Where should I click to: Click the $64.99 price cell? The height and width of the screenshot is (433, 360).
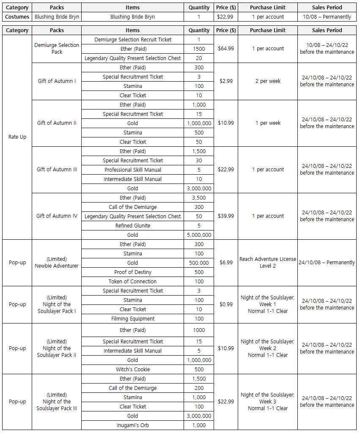pos(225,49)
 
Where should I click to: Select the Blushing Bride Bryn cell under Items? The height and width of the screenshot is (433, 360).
pos(132,17)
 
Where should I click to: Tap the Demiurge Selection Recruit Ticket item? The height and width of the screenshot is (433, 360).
pos(132,39)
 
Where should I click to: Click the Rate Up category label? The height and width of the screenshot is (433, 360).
pos(17,137)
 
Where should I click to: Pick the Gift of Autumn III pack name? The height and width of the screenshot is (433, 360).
pos(57,170)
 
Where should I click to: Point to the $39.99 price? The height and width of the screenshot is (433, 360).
pos(225,216)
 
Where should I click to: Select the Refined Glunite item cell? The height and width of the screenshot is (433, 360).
pos(132,225)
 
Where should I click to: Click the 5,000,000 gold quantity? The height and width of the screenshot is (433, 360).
pos(199,235)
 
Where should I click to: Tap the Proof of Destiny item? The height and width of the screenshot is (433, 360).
pos(132,272)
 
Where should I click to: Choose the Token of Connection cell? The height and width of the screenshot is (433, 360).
pos(132,281)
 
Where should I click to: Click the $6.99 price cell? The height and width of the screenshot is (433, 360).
pos(225,263)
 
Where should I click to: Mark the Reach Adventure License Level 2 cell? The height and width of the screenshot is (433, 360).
pos(267,262)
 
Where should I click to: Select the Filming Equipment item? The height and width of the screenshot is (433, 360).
pos(132,318)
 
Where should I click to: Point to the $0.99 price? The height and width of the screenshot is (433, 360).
pos(225,304)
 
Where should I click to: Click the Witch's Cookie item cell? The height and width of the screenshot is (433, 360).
pos(132,369)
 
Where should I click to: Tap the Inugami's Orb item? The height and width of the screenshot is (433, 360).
pos(132,425)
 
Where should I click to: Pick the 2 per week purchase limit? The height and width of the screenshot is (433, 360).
pos(267,81)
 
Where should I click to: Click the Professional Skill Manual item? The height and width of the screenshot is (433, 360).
pos(132,170)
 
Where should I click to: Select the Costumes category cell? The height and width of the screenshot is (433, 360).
pos(17,17)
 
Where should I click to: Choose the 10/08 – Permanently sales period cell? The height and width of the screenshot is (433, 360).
pos(327,17)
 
